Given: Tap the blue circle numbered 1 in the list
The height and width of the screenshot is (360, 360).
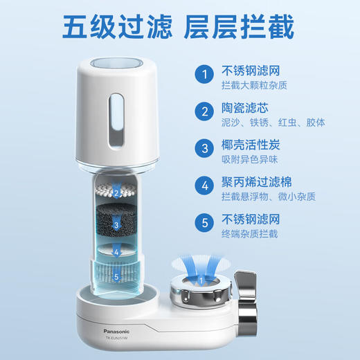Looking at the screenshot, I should point(204,75).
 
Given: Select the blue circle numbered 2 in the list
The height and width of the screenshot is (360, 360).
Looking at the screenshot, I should point(204,112).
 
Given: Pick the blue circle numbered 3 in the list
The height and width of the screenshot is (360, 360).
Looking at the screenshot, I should point(204,149).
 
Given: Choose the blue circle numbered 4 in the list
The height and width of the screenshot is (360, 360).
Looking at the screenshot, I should point(204,186).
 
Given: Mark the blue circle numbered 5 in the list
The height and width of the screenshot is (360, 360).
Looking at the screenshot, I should point(204,224).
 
